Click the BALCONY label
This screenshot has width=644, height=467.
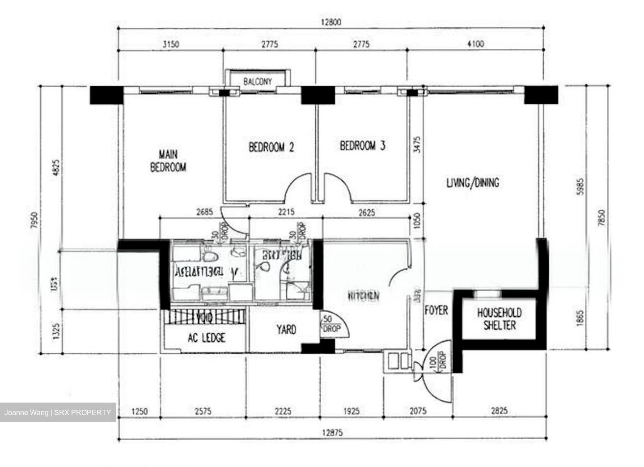point(257,81)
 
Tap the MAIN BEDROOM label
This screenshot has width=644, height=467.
point(168,161)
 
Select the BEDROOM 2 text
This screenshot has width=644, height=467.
point(271,147)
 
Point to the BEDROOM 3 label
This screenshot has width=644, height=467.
point(363,146)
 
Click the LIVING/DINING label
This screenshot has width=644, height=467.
point(473,183)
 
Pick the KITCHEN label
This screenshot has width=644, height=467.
point(364,296)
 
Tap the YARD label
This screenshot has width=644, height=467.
point(286,330)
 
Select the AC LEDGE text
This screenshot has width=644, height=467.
point(207,338)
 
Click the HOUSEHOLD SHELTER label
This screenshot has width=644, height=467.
point(499,319)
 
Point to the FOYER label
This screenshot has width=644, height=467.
point(436,310)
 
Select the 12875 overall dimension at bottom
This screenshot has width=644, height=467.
point(335,433)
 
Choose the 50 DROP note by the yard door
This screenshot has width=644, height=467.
point(331,324)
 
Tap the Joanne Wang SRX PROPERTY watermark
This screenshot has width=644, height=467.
point(58,412)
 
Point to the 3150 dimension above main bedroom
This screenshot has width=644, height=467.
point(170,44)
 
